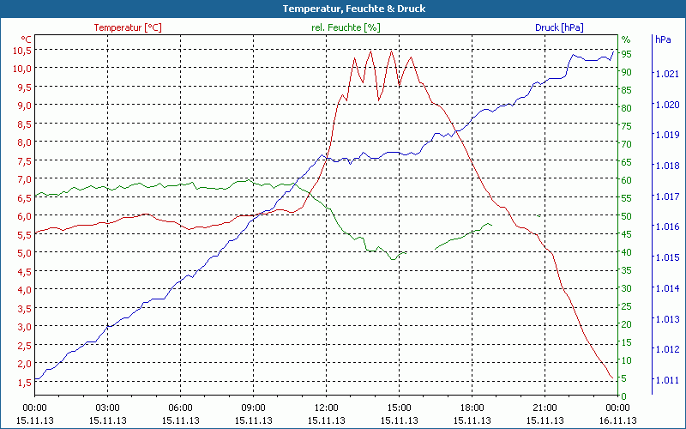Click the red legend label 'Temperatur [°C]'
[128, 27]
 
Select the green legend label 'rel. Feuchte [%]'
[346, 27]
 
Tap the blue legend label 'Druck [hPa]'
[559, 27]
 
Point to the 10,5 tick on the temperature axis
[21, 50]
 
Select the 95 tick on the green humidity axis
[627, 53]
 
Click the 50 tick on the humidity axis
[627, 215]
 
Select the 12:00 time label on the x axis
[327, 408]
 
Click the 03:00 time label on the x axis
[107, 408]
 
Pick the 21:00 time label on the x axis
[545, 408]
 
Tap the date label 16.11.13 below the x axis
[618, 420]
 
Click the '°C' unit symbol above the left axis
[27, 39]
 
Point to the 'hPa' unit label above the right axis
[663, 39]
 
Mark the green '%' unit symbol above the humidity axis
[626, 39]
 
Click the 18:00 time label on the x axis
[472, 408]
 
